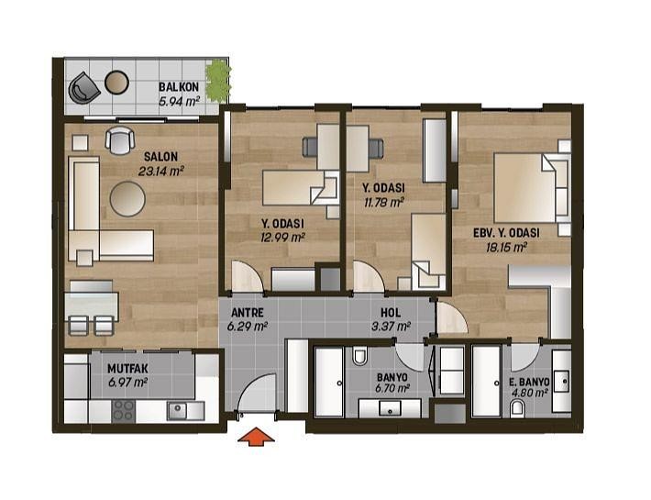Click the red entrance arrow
coord(256,437)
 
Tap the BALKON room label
coord(179,87)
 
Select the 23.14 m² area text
coord(160,171)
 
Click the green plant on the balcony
coord(217,81)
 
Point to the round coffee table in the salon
coord(127,199)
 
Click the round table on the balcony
coord(116,83)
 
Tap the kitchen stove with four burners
coord(124,411)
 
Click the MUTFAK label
coord(127,369)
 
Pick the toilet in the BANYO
coord(360,356)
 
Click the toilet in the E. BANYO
coord(517,408)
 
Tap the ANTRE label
coord(247,312)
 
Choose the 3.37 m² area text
coord(392,327)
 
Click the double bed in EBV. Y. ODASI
coord(532,188)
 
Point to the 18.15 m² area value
coord(506,248)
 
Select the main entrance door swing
coord(259,394)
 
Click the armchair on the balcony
coord(83,88)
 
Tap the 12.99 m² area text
coord(283,238)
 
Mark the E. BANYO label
coord(530,382)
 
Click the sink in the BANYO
coord(390,408)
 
